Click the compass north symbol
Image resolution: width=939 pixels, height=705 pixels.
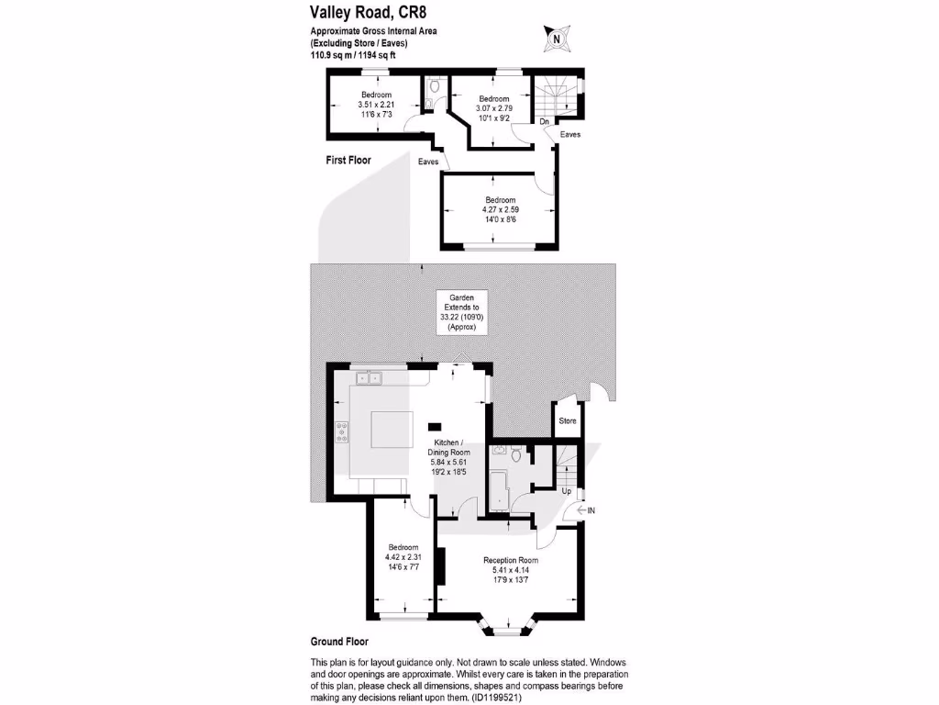pyautogui.click(x=556, y=39)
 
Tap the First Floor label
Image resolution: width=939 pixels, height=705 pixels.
pyautogui.click(x=348, y=160)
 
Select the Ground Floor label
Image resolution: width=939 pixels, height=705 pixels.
pyautogui.click(x=339, y=643)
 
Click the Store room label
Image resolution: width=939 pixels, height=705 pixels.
pyautogui.click(x=568, y=421)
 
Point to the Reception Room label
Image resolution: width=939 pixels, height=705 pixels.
pyautogui.click(x=511, y=560)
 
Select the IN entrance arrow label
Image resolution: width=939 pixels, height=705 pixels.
pyautogui.click(x=588, y=510)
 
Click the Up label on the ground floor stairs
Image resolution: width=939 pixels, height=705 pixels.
pyautogui.click(x=566, y=491)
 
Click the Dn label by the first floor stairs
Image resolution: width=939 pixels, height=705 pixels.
pyautogui.click(x=544, y=121)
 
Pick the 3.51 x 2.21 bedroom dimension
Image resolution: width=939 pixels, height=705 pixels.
pyautogui.click(x=376, y=105)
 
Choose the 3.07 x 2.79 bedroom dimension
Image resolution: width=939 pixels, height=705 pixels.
pyautogui.click(x=493, y=108)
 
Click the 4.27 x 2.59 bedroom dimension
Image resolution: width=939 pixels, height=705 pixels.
pyautogui.click(x=501, y=209)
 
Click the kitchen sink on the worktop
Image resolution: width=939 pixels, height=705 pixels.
pyautogui.click(x=369, y=376)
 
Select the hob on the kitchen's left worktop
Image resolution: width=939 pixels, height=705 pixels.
pyautogui.click(x=341, y=431)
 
